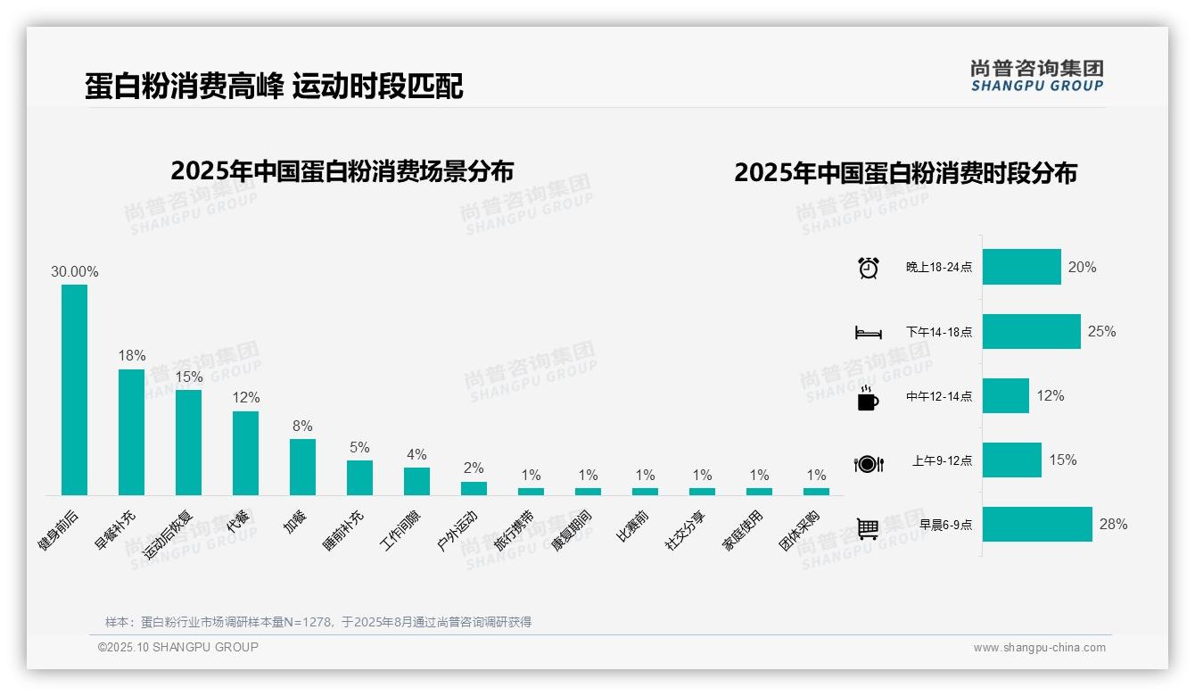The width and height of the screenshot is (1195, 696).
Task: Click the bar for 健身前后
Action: coord(74,390)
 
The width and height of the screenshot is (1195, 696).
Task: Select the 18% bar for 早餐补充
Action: coord(131,432)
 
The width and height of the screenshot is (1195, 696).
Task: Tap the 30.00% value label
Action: coord(74,272)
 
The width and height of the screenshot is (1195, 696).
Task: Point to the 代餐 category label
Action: coord(238,521)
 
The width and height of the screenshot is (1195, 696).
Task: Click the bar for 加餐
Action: coord(302,467)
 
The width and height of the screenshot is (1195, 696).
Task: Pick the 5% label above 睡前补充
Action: coord(359,447)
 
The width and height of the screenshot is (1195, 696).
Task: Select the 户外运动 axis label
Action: coord(457,530)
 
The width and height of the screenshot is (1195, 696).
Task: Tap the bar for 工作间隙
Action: coord(416,481)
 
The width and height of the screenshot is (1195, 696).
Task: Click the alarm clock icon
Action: coord(868,268)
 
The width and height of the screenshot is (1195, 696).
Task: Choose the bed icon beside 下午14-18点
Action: coord(868,332)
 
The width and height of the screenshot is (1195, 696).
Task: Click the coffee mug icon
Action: coord(868,397)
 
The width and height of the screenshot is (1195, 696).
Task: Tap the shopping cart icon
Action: coord(868,528)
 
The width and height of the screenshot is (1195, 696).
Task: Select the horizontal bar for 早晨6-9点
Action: coord(1037,525)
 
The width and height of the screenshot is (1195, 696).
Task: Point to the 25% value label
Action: coord(1101,332)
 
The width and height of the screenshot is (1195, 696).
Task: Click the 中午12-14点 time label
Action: coord(939,397)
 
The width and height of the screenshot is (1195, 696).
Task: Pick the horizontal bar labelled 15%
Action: coord(1012,460)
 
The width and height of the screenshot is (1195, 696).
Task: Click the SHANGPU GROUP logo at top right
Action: coord(1036,76)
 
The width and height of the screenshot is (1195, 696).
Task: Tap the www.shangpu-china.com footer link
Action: coord(1039,648)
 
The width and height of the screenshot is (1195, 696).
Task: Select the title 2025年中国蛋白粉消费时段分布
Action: coord(905,173)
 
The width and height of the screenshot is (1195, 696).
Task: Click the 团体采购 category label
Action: coord(799,531)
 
